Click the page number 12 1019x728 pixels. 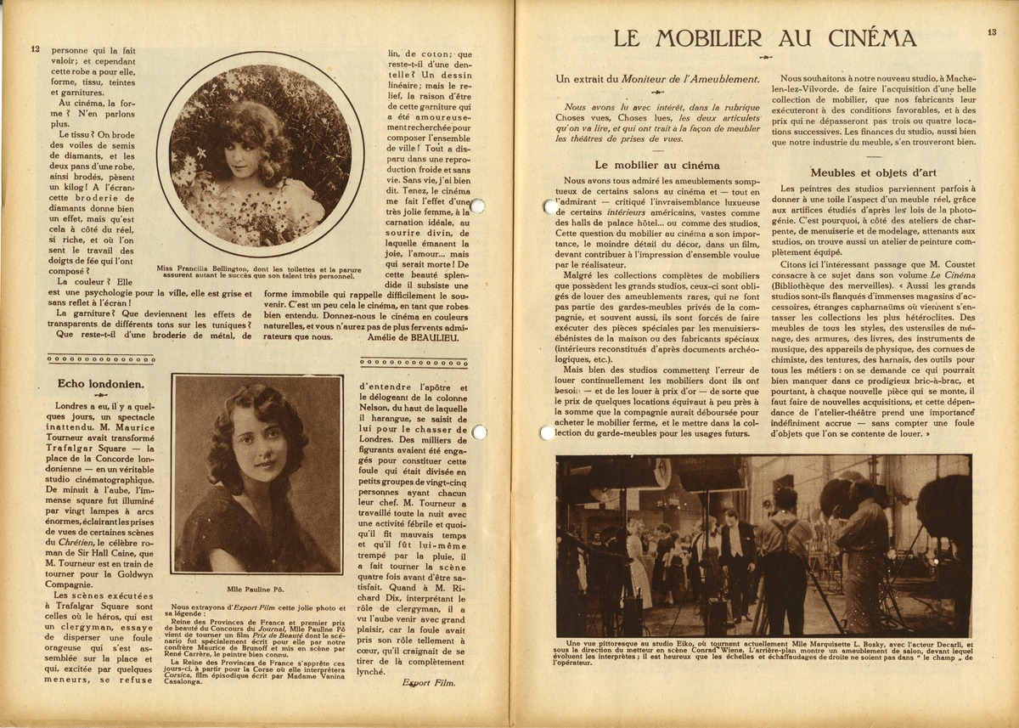pyautogui.click(x=35, y=49)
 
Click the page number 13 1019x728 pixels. pyautogui.click(x=992, y=32)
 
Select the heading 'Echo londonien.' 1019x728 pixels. pyautogui.click(x=94, y=384)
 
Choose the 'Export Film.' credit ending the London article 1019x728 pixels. pyautogui.click(x=428, y=681)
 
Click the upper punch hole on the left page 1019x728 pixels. pyautogui.click(x=476, y=206)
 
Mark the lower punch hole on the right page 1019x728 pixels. pyautogui.click(x=547, y=433)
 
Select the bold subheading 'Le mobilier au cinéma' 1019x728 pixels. pyautogui.click(x=656, y=165)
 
